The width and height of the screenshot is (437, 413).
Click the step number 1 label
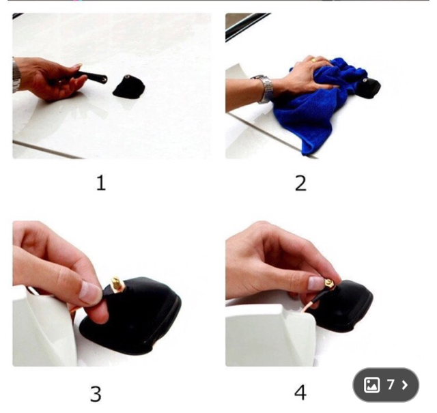pyautogui.click(x=101, y=183)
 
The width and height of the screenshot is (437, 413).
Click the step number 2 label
pyautogui.click(x=300, y=184)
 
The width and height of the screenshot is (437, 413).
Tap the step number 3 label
pyautogui.click(x=96, y=393)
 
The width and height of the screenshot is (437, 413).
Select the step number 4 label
pyautogui.click(x=300, y=393)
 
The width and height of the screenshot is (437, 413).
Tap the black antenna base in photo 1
pyautogui.click(x=129, y=87)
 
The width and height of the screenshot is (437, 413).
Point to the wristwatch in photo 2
pyautogui.click(x=265, y=89)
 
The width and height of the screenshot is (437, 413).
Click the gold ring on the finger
pyautogui.click(x=314, y=59)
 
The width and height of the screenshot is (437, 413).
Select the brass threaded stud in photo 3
pyautogui.click(x=115, y=284)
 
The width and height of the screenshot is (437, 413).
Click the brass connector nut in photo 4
pyautogui.click(x=329, y=284)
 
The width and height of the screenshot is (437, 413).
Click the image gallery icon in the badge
pyautogui.click(x=371, y=385)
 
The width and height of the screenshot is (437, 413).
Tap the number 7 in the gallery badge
pyautogui.click(x=391, y=384)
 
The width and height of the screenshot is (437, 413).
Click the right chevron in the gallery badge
pyautogui.click(x=405, y=385)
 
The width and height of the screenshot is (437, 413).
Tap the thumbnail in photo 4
pyautogui.click(x=315, y=283)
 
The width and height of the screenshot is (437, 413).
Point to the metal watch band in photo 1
pyautogui.click(x=16, y=75)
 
